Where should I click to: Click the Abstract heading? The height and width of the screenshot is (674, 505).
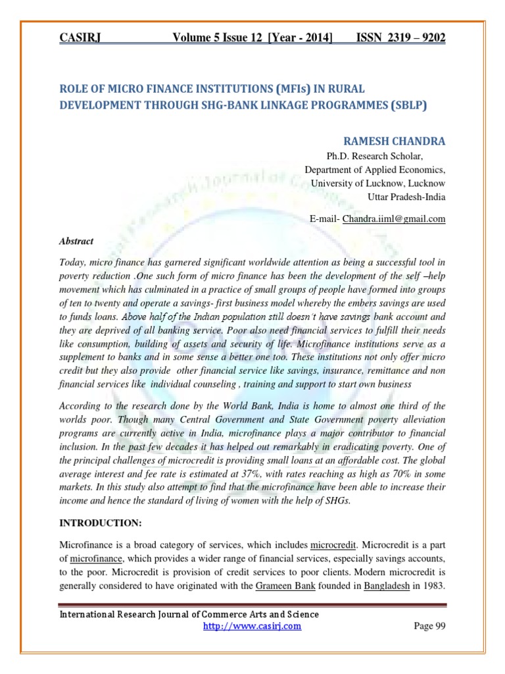(x=76, y=242)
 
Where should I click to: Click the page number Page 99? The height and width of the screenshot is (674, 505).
(x=429, y=626)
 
